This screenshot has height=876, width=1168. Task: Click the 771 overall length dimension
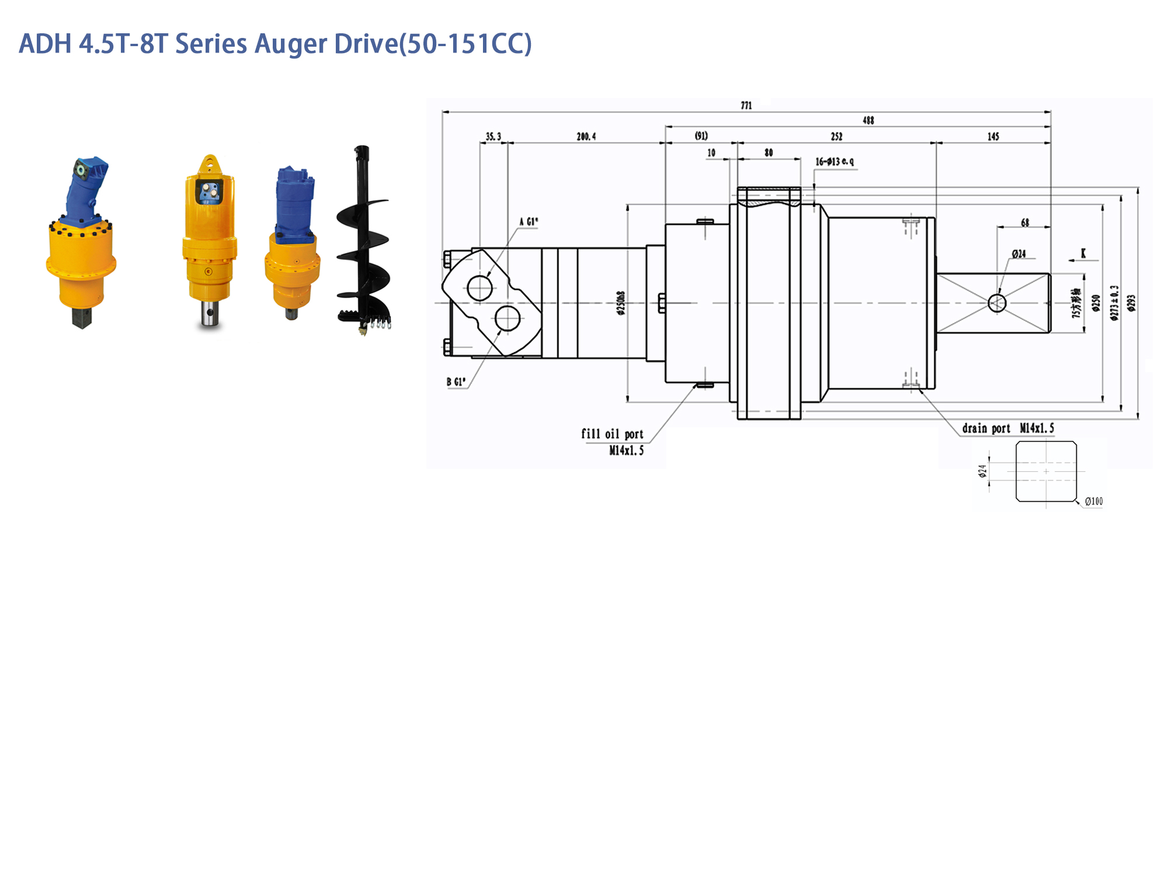pos(746,106)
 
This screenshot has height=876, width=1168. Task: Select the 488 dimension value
pos(868,121)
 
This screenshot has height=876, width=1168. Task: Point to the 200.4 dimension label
pos(586,137)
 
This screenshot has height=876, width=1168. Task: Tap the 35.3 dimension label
pos(493,137)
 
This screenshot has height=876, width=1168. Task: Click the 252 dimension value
pos(837,137)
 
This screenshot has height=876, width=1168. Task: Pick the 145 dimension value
pos(993,137)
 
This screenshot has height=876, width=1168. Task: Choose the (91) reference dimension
pos(701,136)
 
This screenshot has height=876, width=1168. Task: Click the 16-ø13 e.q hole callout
pos(835,161)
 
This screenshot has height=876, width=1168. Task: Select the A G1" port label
pos(529,222)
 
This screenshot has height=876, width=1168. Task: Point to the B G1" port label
pos(456,382)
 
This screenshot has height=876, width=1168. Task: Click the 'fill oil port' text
pos(612,434)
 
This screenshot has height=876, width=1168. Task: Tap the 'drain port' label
pos(986,429)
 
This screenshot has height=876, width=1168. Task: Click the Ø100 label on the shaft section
pos(1094,502)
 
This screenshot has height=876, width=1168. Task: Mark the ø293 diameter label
pos(1132,303)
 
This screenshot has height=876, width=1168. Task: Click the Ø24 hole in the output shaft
pos(997,303)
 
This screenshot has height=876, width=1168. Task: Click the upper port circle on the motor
pos(479,288)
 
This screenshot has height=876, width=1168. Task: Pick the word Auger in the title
pos(291,44)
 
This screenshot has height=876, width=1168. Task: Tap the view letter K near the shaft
pos(1083,253)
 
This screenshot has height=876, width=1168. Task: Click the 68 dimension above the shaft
pos(1025,223)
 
